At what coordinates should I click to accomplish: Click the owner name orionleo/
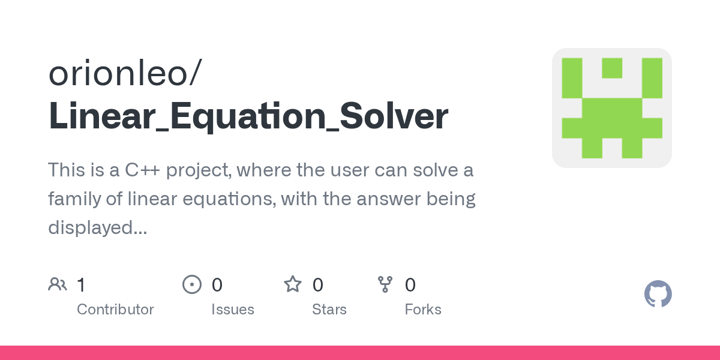point(125,74)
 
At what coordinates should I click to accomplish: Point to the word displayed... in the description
point(97,227)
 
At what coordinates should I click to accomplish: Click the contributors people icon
point(58,284)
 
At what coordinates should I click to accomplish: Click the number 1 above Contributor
point(81,285)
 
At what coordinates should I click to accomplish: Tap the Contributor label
point(115,310)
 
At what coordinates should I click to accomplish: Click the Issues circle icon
point(191,284)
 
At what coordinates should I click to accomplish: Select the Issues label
point(232,310)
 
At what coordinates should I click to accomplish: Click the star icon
point(293,284)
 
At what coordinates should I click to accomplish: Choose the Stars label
point(329,310)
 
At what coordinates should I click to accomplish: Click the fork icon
point(385,284)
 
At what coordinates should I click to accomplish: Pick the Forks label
point(423,310)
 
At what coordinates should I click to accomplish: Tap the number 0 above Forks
point(410,285)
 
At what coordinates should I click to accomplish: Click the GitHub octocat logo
point(658,294)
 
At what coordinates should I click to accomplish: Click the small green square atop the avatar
point(611,68)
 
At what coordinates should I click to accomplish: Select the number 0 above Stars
point(318,285)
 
